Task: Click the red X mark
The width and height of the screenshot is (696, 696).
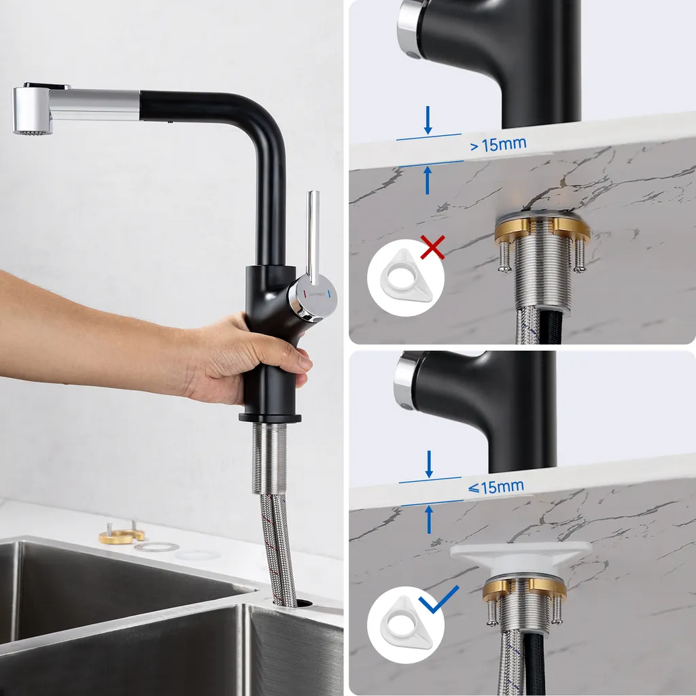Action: pyautogui.click(x=432, y=247)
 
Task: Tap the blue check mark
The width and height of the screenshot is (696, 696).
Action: pyautogui.click(x=438, y=600)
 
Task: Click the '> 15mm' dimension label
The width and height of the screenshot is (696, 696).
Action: pyautogui.click(x=498, y=144)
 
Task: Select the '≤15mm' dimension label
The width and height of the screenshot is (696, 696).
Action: pyautogui.click(x=495, y=487)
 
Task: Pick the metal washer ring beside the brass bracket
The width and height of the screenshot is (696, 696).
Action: pyautogui.click(x=156, y=547)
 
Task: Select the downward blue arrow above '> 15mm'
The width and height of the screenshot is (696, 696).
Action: pyautogui.click(x=428, y=120)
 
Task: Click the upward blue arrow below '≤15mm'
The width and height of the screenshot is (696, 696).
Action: pyautogui.click(x=429, y=520)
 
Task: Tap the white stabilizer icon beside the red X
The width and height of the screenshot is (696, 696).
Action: pyautogui.click(x=405, y=279)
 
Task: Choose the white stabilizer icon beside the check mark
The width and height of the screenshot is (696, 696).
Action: pyautogui.click(x=405, y=625)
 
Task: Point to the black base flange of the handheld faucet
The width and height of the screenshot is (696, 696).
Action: pyautogui.click(x=270, y=418)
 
